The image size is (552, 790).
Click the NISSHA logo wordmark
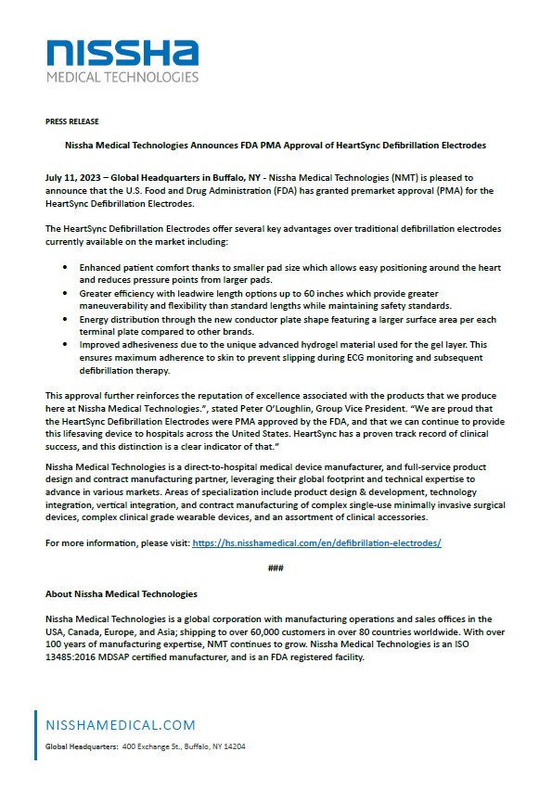click(124, 51)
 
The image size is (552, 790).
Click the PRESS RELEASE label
click(71, 121)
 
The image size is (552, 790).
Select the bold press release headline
click(276, 146)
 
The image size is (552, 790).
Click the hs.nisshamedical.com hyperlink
click(316, 542)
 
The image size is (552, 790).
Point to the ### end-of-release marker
click(276, 567)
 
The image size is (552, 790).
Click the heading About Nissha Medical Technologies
click(121, 593)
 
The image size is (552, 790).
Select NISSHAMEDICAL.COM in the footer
click(115, 724)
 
